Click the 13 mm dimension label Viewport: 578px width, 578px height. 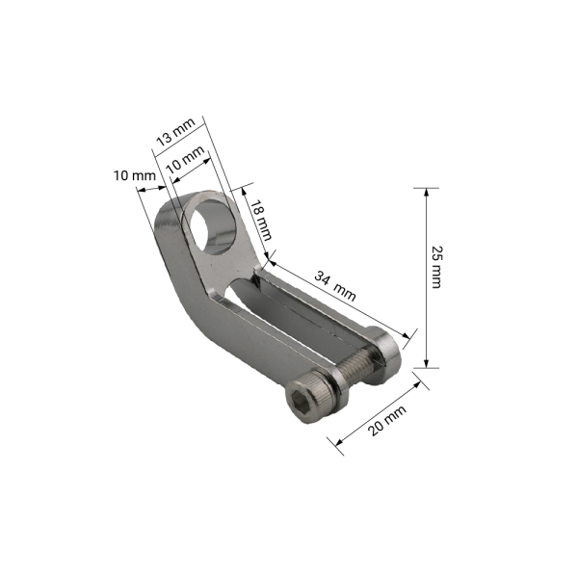coord(175,132)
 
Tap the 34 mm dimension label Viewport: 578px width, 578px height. coord(335,285)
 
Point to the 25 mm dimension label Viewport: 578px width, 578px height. coord(436,267)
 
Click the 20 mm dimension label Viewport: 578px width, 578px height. coord(387,420)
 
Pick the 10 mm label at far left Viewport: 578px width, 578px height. coord(135,175)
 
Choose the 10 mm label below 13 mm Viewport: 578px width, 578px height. coord(185,160)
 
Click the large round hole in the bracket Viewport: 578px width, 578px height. coord(213,227)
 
